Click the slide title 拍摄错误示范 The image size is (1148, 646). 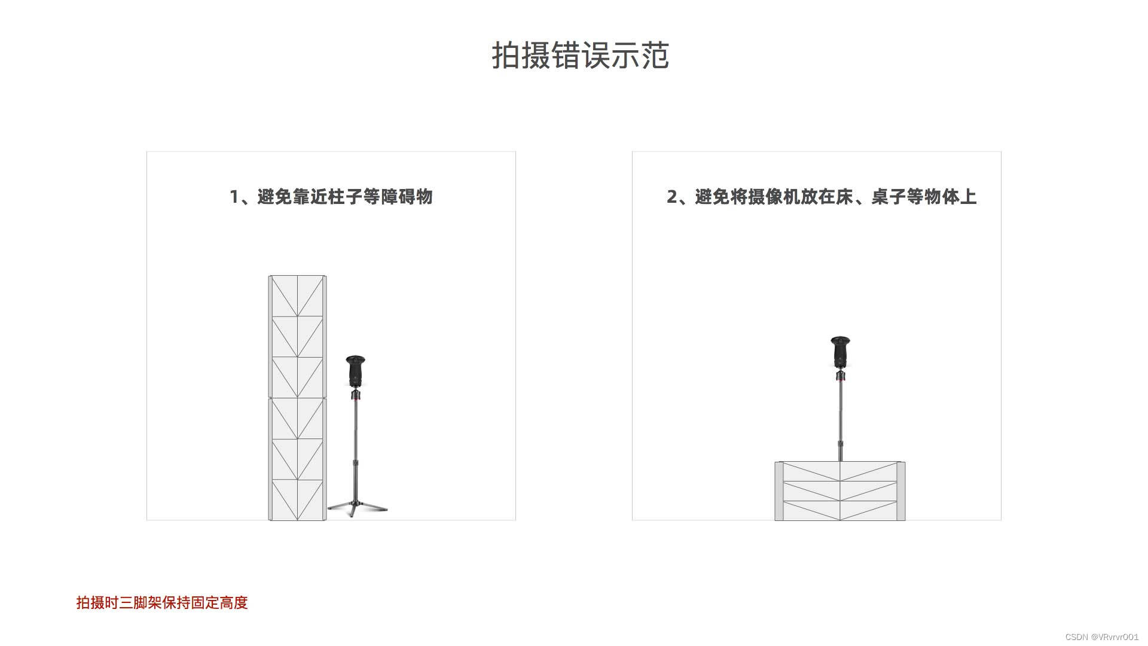[x=580, y=56]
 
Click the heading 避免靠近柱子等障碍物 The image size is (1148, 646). [x=344, y=197]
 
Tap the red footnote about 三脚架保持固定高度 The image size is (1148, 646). [x=162, y=602]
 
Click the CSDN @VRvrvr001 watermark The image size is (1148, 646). [x=1101, y=637]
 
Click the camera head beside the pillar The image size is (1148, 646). [x=356, y=371]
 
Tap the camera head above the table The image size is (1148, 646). [x=841, y=352]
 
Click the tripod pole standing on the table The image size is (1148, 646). [x=841, y=419]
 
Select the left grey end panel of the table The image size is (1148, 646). [x=779, y=491]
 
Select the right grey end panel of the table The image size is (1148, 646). [x=901, y=491]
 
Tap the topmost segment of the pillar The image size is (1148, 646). [x=297, y=295]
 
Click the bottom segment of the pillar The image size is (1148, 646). [x=297, y=499]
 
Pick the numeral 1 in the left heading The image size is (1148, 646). [x=234, y=197]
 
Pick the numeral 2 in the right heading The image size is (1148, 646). [x=672, y=197]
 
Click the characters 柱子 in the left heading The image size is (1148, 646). [x=344, y=197]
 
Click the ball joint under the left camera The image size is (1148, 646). [x=356, y=394]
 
